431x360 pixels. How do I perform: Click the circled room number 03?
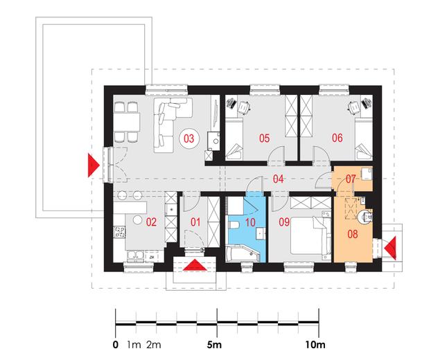(189, 138)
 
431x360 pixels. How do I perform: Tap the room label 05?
(265, 138)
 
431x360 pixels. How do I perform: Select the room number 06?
(337, 138)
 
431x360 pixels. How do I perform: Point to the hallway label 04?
(278, 179)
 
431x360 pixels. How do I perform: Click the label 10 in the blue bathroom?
(250, 222)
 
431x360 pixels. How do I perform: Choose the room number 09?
(284, 222)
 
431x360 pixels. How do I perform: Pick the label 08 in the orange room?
(353, 234)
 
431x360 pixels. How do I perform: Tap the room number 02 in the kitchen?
(151, 222)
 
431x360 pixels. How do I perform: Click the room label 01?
(195, 222)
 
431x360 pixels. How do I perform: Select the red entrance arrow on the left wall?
(93, 165)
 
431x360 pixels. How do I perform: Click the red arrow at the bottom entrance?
(195, 264)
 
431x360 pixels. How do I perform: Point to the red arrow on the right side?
(391, 248)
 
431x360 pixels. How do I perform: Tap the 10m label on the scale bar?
(315, 345)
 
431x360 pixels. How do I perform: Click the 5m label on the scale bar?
(214, 345)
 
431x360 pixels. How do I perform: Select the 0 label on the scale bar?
(116, 345)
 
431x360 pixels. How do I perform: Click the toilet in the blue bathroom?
(234, 226)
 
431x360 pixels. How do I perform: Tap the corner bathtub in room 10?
(242, 253)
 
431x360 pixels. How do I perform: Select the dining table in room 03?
(127, 122)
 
